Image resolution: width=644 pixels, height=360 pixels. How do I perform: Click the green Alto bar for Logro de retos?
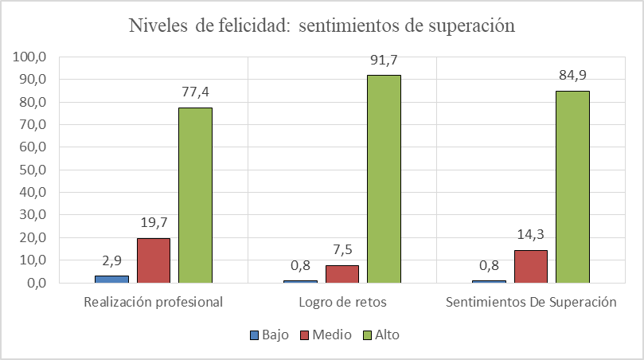(x=384, y=178)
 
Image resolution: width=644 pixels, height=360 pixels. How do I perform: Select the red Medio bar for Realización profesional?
(x=154, y=260)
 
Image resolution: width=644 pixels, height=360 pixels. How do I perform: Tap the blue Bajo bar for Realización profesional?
(x=112, y=279)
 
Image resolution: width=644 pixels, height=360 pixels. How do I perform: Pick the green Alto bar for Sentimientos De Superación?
(x=572, y=186)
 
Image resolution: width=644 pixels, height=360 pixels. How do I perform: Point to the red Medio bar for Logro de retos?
(x=342, y=274)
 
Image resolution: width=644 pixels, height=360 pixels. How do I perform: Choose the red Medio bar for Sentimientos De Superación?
(x=531, y=266)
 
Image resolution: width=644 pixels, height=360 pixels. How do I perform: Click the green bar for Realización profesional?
(x=195, y=195)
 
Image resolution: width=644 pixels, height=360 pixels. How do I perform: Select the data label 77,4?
(x=195, y=92)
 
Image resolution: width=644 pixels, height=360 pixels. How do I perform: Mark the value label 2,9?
(x=112, y=260)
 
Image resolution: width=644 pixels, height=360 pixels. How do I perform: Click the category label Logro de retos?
(x=342, y=303)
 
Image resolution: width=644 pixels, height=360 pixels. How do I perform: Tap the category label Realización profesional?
(x=154, y=303)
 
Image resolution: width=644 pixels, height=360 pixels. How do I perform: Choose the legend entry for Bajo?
(x=269, y=335)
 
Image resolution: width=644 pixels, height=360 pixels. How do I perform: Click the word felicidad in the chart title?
(x=246, y=25)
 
